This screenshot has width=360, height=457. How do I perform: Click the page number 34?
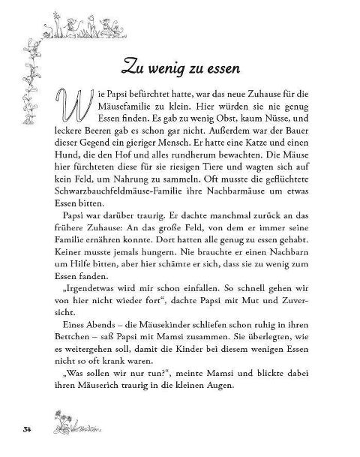tap(25, 429)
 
